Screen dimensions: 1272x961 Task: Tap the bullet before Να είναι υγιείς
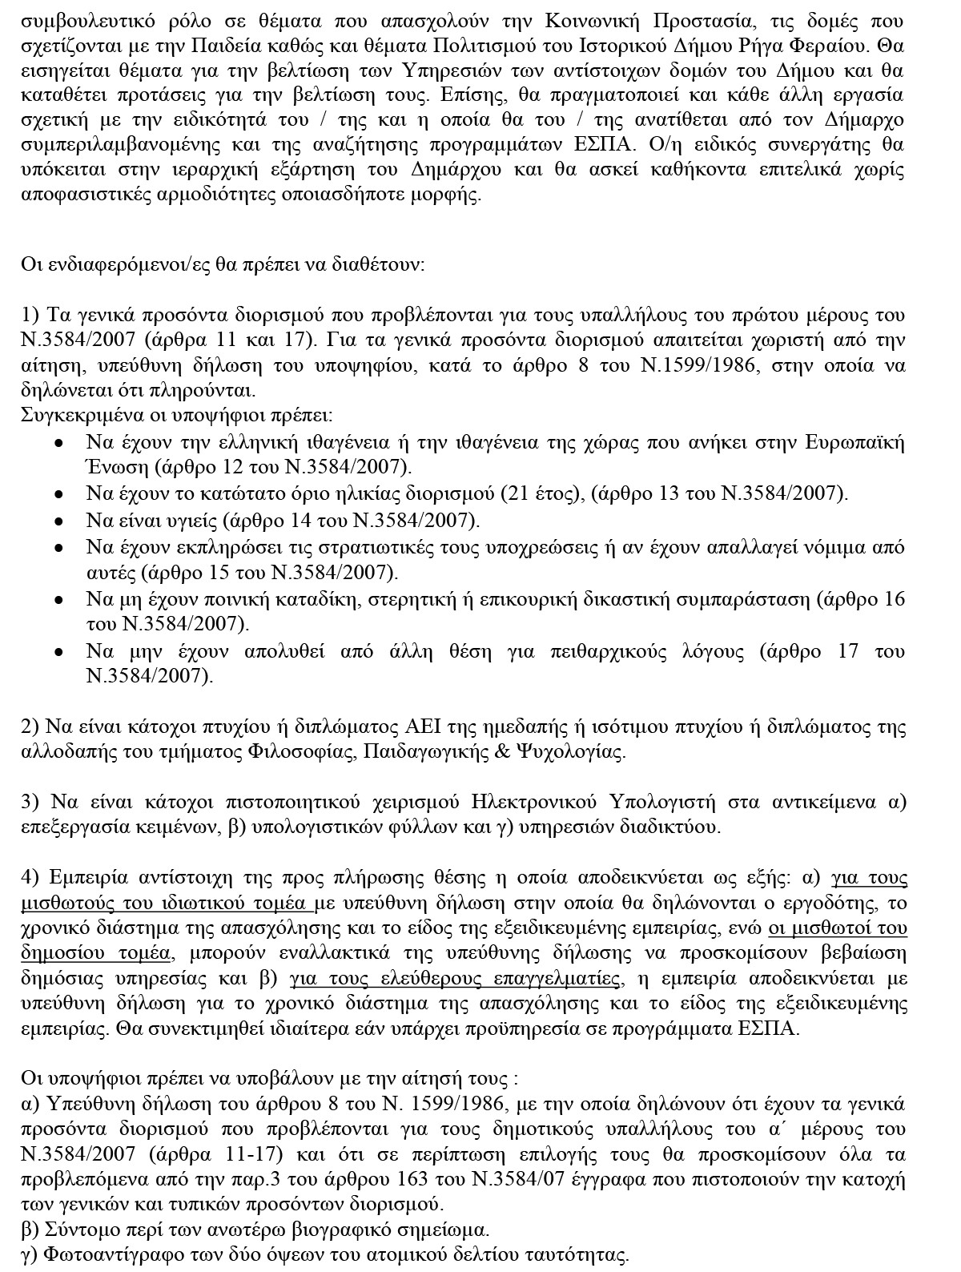point(58,521)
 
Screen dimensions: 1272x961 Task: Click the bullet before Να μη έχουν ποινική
point(58,600)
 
